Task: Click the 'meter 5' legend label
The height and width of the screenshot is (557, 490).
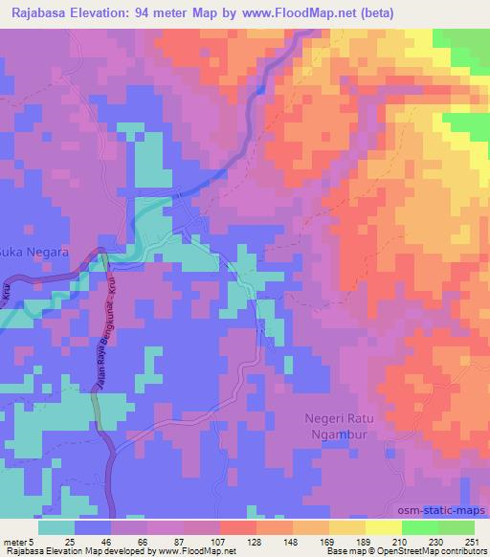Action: [19, 541]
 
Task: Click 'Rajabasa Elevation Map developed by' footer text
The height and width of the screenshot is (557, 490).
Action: [64, 552]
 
